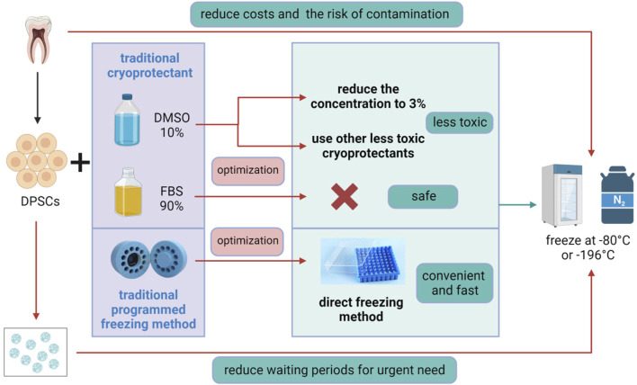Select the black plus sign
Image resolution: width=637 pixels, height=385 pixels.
pyautogui.click(x=82, y=163)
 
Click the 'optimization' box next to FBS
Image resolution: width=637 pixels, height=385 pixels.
pyautogui.click(x=246, y=168)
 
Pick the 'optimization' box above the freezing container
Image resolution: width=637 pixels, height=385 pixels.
pyautogui.click(x=246, y=243)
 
